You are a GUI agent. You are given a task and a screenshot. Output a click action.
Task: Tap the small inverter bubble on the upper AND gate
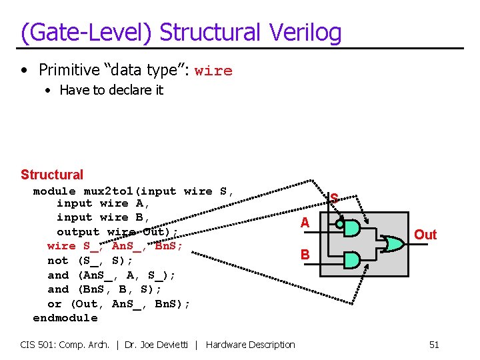point(339,225)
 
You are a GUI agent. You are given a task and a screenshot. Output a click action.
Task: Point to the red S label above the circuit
point(335,198)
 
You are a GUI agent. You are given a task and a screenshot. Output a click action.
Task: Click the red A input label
point(305,223)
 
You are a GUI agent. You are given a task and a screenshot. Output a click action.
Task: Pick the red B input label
point(305,254)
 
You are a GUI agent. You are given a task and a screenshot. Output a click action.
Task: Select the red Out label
point(425,235)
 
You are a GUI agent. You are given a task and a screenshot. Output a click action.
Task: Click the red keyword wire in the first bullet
point(213,71)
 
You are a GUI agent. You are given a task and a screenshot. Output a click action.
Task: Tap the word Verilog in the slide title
point(306,32)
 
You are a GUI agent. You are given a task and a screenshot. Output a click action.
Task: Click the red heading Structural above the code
point(52,175)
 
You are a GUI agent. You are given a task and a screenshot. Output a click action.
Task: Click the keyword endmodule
point(65,318)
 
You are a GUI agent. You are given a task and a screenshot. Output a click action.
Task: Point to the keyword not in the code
point(58,261)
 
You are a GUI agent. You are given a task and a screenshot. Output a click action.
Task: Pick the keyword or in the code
point(55,304)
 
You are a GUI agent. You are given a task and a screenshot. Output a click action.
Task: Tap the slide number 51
point(434,345)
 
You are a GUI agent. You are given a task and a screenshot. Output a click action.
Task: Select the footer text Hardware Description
point(251,345)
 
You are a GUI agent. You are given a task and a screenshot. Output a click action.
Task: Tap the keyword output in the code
point(78,232)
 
